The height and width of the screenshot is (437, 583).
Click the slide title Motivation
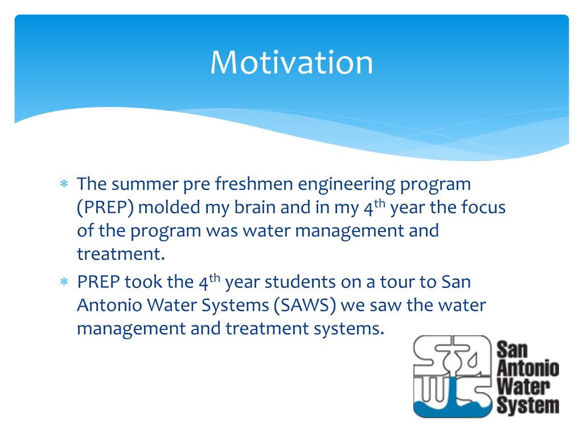pyautogui.click(x=291, y=63)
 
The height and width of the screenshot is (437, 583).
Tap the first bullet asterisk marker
pyautogui.click(x=64, y=184)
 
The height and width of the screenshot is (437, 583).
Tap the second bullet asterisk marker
pyautogui.click(x=64, y=282)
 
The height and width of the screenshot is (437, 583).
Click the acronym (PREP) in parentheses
pyautogui.click(x=105, y=207)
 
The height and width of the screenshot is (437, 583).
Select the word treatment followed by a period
pyautogui.click(x=121, y=254)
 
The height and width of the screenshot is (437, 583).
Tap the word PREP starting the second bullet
pyautogui.click(x=98, y=282)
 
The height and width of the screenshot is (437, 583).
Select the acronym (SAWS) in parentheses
pyautogui.click(x=305, y=306)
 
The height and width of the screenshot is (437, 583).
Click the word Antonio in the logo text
pyautogui.click(x=528, y=369)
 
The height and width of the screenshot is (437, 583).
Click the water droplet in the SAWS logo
pyautogui.click(x=473, y=360)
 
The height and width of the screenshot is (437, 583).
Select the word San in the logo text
pyautogui.click(x=512, y=350)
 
